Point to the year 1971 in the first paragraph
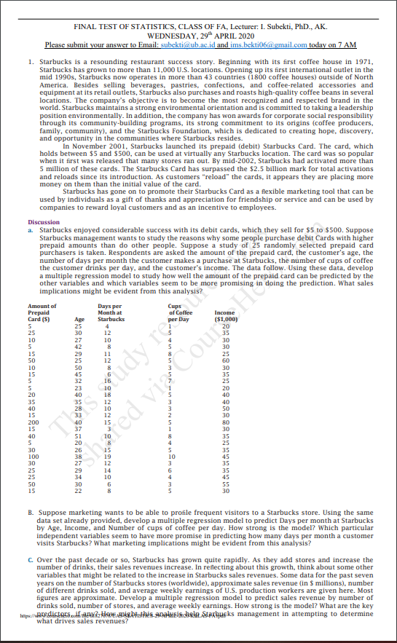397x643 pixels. (x=363, y=66)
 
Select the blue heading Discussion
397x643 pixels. (x=44, y=202)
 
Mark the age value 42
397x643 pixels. (x=79, y=345)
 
